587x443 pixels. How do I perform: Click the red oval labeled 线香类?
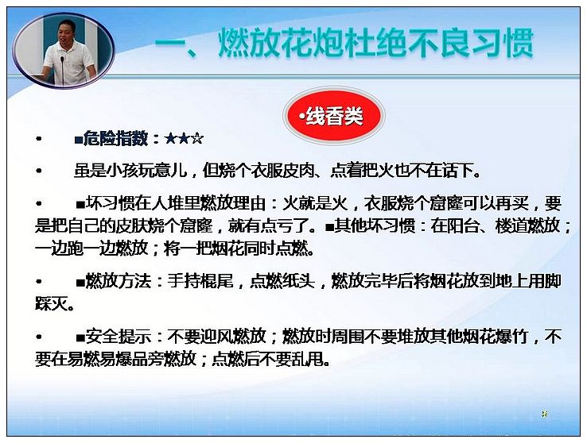coord(333,116)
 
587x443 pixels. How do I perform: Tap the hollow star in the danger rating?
coord(197,139)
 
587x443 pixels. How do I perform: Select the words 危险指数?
coord(115,139)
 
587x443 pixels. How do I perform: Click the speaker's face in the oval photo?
coord(68,33)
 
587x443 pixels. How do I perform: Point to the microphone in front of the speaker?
coord(63,70)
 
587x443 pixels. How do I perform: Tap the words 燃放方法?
coord(119,281)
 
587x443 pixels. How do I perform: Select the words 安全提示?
coord(119,337)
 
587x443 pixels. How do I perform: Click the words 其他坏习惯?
coord(375,225)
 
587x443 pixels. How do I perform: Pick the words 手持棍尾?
coord(200,281)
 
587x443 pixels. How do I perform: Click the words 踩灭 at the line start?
coord(51,304)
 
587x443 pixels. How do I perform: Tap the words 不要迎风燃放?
coord(216,337)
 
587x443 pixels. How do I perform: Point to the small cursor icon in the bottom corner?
coord(545,414)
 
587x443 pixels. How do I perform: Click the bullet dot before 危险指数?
coord(38,139)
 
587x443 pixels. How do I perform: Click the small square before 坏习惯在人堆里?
coord(80,204)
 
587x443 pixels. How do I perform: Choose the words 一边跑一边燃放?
coord(91,248)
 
